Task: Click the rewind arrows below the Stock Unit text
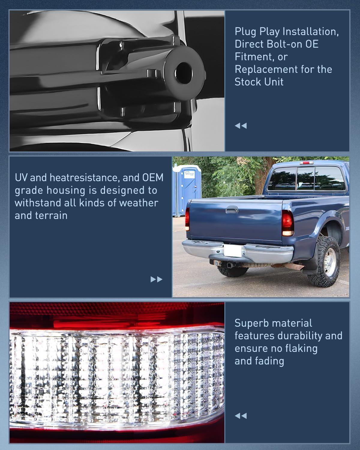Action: pyautogui.click(x=241, y=126)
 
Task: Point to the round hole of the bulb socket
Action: pyautogui.click(x=182, y=73)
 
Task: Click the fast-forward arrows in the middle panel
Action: pyautogui.click(x=156, y=279)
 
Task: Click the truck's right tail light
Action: pyautogui.click(x=287, y=223)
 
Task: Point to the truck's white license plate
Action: pyautogui.click(x=232, y=250)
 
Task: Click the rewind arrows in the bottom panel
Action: pyautogui.click(x=241, y=416)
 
